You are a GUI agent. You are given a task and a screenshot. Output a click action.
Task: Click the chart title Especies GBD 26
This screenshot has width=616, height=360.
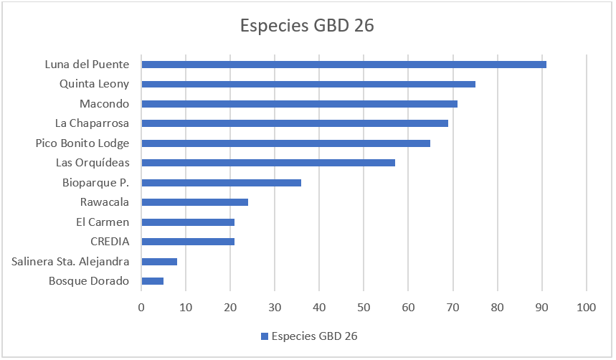[x=307, y=26]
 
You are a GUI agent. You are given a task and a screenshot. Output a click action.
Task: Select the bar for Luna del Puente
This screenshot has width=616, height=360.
[x=343, y=65]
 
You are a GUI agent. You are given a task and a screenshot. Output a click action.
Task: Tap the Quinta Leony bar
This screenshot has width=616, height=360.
[x=308, y=84]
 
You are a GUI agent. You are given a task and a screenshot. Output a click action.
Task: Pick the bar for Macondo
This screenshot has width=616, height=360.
[x=299, y=104]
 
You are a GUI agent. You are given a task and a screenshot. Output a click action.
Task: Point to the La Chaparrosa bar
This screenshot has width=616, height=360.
[x=295, y=123]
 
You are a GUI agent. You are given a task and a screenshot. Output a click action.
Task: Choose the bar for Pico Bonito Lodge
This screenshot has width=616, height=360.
[x=285, y=143]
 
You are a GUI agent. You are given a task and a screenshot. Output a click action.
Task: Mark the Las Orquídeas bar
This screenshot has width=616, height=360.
[x=268, y=163]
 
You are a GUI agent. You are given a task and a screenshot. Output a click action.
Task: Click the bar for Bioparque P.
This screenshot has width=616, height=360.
[x=221, y=183]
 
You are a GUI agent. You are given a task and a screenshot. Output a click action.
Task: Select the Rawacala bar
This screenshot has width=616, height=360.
[x=194, y=202]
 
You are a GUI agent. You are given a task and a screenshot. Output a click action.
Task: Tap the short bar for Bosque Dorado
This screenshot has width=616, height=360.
[x=153, y=281]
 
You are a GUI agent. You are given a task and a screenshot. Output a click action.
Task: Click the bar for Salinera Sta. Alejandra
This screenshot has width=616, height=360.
[x=159, y=262]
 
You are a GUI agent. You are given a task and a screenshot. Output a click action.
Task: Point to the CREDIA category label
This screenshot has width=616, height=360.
[x=110, y=241]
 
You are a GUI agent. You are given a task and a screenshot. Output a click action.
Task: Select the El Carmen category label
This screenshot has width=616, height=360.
[x=103, y=222]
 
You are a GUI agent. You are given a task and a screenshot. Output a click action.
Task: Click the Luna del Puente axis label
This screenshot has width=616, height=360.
[x=87, y=64]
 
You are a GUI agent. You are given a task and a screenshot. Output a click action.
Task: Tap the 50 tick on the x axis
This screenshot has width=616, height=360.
[x=364, y=308]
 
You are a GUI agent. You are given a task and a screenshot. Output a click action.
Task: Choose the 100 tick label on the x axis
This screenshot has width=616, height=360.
[x=586, y=308]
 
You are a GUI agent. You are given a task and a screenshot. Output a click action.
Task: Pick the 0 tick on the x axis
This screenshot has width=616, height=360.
[x=141, y=308]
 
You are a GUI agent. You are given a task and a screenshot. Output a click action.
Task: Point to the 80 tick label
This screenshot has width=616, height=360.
[x=498, y=308]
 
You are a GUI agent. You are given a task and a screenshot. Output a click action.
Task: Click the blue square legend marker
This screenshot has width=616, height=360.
[x=265, y=336]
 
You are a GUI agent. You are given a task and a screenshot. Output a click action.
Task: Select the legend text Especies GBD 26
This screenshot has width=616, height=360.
[x=314, y=336]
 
